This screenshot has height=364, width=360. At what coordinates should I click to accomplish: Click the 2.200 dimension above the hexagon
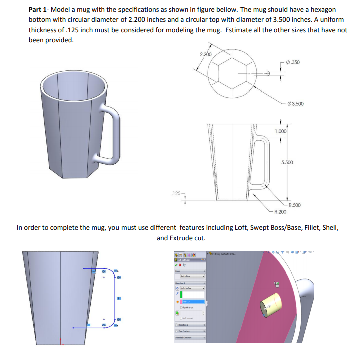[x=205, y=54]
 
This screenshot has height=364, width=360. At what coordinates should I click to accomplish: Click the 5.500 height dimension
[x=287, y=163]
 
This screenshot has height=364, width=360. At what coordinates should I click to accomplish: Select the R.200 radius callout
[x=280, y=212]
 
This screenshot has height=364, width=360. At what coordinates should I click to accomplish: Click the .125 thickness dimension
[x=175, y=193]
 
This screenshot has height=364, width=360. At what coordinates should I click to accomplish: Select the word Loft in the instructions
[x=244, y=228]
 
